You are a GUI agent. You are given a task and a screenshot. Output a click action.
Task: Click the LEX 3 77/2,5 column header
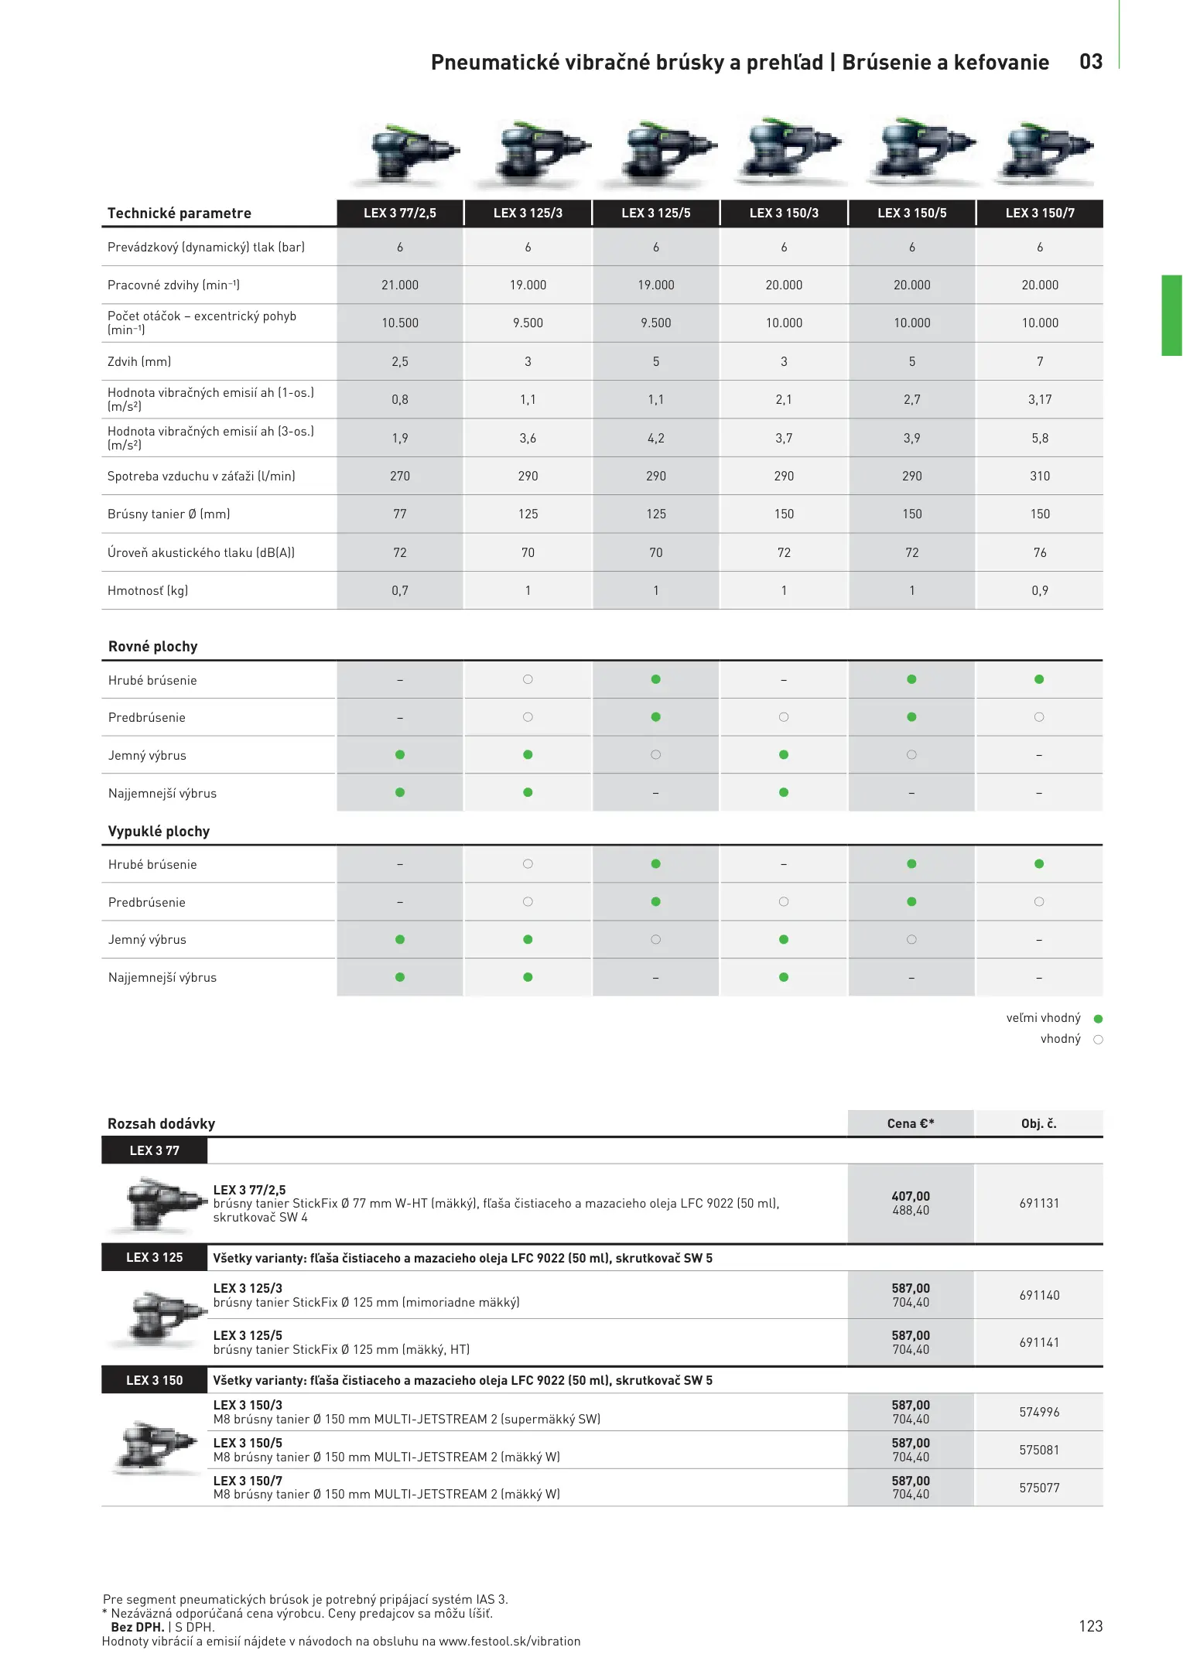[x=400, y=213]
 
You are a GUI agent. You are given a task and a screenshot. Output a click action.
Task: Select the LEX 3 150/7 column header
[x=1039, y=213]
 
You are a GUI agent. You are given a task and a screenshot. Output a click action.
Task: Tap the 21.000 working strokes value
[x=400, y=285]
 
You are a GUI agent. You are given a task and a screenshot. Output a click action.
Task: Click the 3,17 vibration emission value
[x=1039, y=399]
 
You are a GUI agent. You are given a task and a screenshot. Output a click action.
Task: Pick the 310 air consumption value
[x=1039, y=476]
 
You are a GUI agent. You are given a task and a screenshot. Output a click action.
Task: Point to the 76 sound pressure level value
[x=1039, y=552]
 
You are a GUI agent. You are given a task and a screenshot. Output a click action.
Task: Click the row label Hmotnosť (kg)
[x=148, y=590]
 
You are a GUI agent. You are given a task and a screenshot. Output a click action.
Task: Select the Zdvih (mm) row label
[x=139, y=361]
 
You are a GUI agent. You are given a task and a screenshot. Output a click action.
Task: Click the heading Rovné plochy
[x=153, y=646]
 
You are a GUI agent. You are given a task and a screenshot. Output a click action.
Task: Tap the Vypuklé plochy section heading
[x=159, y=831]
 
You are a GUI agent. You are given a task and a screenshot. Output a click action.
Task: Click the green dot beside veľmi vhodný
[x=1098, y=1019]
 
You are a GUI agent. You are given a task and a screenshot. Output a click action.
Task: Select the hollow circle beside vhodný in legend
[x=1098, y=1040]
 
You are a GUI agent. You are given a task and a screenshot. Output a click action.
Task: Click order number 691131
[x=1039, y=1203]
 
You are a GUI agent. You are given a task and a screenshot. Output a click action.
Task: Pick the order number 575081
[x=1039, y=1450]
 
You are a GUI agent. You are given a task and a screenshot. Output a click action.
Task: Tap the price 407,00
[x=911, y=1196]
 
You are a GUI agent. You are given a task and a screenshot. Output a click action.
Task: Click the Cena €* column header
[x=911, y=1123]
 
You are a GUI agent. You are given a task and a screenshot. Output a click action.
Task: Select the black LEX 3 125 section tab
[x=155, y=1257]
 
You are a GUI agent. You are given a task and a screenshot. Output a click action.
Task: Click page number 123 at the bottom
[x=1090, y=1625]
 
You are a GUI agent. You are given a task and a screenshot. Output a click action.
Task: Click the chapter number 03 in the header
[x=1091, y=62]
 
